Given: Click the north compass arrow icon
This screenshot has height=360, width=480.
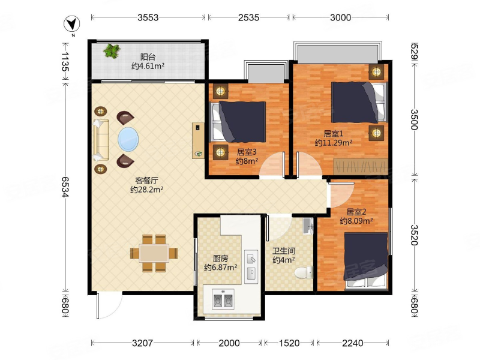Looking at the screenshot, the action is coord(72,24).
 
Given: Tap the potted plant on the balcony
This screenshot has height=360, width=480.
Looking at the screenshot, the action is coord(112,51).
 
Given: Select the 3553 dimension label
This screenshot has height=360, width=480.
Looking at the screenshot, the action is coord(148,17).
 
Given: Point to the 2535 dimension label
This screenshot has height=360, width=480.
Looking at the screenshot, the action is coord(248,17).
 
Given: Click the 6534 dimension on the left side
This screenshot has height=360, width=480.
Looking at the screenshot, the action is coord(64,187).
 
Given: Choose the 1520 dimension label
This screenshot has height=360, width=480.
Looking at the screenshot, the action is coord(289,343).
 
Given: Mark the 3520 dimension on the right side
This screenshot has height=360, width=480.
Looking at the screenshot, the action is coord(414,235).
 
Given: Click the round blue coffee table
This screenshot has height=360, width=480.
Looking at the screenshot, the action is coord(128,139).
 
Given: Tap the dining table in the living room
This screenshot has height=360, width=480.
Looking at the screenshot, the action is coord(154,253).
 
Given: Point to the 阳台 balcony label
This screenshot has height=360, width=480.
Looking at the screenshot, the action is coord(148,57).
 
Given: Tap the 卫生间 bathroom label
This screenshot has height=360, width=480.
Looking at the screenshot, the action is coord(284,251).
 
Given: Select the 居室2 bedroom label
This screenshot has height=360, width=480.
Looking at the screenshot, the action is coord(356,212).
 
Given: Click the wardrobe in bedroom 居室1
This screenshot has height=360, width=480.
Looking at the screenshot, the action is coord(361,167).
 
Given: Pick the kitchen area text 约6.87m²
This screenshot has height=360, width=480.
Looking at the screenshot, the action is coord(220,268).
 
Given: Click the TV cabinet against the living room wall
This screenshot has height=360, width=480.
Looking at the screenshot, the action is coord(198,140).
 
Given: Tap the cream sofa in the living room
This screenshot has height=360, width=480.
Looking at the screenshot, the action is coord(101,140).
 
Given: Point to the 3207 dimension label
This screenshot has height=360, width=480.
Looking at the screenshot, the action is coord(143,343).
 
